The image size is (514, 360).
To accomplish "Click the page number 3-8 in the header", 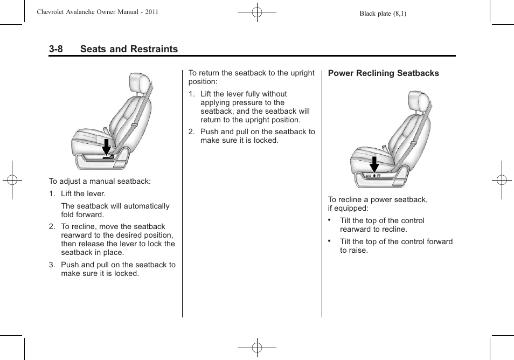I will pyautogui.click(x=55, y=49).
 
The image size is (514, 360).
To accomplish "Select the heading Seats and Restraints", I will pyautogui.click(x=129, y=49).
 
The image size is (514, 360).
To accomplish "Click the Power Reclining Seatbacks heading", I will pyautogui.click(x=383, y=73).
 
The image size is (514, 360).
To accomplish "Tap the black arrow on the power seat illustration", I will pyautogui.click(x=374, y=164).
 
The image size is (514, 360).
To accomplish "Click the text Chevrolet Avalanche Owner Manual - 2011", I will pyautogui.click(x=98, y=12).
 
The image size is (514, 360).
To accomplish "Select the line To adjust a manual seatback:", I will pyautogui.click(x=100, y=182).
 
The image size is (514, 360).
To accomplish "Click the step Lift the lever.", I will pyautogui.click(x=83, y=194).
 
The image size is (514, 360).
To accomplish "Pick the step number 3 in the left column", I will pyautogui.click(x=52, y=265).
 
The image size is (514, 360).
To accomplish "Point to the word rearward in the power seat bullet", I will pyautogui.click(x=356, y=230).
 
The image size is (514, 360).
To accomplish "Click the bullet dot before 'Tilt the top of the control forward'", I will pyautogui.click(x=329, y=241).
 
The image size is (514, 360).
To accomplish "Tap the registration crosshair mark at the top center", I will pyautogui.click(x=257, y=11).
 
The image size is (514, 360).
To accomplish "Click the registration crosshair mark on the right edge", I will pyautogui.click(x=502, y=180).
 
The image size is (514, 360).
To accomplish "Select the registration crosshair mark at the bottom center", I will pyautogui.click(x=257, y=348).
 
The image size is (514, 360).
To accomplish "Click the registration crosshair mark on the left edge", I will pyautogui.click(x=12, y=180).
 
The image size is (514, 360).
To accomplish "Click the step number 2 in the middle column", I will pyautogui.click(x=191, y=132).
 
